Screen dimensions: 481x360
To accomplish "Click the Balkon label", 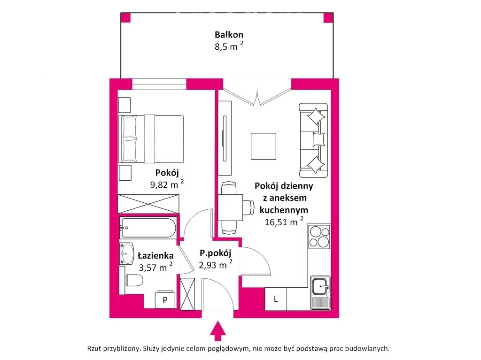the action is pyautogui.click(x=229, y=34).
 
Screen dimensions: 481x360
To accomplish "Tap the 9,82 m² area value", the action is pyautogui.click(x=167, y=184).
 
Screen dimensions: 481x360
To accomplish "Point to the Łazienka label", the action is pyautogui.click(x=155, y=255).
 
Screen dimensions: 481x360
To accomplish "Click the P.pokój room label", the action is pyautogui.click(x=215, y=253).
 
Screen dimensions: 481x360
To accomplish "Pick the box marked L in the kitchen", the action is pyautogui.click(x=276, y=299).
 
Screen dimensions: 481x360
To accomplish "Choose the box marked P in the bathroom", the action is pyautogui.click(x=165, y=299).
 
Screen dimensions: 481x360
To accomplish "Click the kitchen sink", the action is pyautogui.click(x=320, y=292).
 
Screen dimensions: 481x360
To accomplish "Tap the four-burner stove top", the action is pyautogui.click(x=319, y=237).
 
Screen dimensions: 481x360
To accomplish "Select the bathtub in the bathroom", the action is pyautogui.click(x=148, y=228).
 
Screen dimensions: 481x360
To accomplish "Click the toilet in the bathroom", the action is pyautogui.click(x=132, y=280).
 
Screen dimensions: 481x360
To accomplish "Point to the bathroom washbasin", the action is pyautogui.click(x=127, y=253).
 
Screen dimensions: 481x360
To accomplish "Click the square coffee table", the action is pyautogui.click(x=263, y=146).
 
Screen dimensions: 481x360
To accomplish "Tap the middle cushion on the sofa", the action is pyautogui.click(x=318, y=139).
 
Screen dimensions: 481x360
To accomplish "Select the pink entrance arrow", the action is pyautogui.click(x=217, y=331).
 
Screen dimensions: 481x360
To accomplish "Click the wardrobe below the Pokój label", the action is pyautogui.click(x=148, y=204).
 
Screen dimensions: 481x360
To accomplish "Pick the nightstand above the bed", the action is pyautogui.click(x=124, y=105).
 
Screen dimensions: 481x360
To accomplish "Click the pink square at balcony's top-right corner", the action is pyautogui.click(x=328, y=18).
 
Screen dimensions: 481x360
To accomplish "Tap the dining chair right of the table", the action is pyautogui.click(x=248, y=207).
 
